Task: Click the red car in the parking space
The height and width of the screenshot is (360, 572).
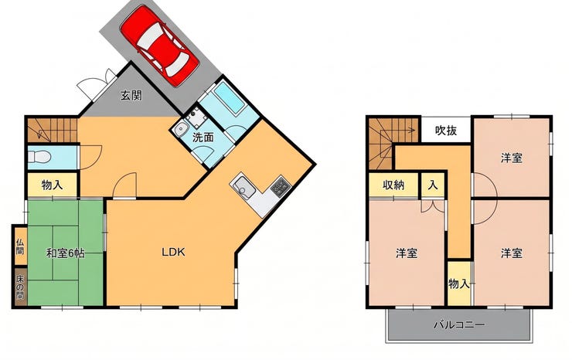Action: [159, 46]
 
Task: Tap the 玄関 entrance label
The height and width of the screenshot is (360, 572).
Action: [131, 96]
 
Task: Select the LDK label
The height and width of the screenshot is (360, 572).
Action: [174, 252]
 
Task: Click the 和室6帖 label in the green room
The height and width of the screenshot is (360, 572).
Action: [66, 253]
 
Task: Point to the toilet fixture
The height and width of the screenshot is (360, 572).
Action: [39, 157]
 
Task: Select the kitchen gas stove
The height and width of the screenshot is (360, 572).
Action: [280, 186]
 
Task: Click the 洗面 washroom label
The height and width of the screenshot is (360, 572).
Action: [203, 138]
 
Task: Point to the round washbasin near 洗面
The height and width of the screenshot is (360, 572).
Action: [181, 130]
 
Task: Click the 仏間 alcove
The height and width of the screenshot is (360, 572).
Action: [20, 246]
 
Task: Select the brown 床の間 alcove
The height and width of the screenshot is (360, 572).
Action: [20, 287]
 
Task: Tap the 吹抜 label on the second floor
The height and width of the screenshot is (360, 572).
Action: [446, 131]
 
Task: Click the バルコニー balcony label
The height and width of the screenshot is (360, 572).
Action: [459, 324]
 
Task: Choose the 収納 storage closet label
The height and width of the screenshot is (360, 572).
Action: [393, 185]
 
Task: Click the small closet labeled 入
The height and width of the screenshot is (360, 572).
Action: [433, 185]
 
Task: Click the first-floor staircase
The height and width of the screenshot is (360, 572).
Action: [52, 130]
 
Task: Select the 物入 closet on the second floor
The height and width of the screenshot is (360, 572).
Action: [459, 284]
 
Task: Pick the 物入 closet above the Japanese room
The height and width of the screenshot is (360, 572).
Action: [52, 185]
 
